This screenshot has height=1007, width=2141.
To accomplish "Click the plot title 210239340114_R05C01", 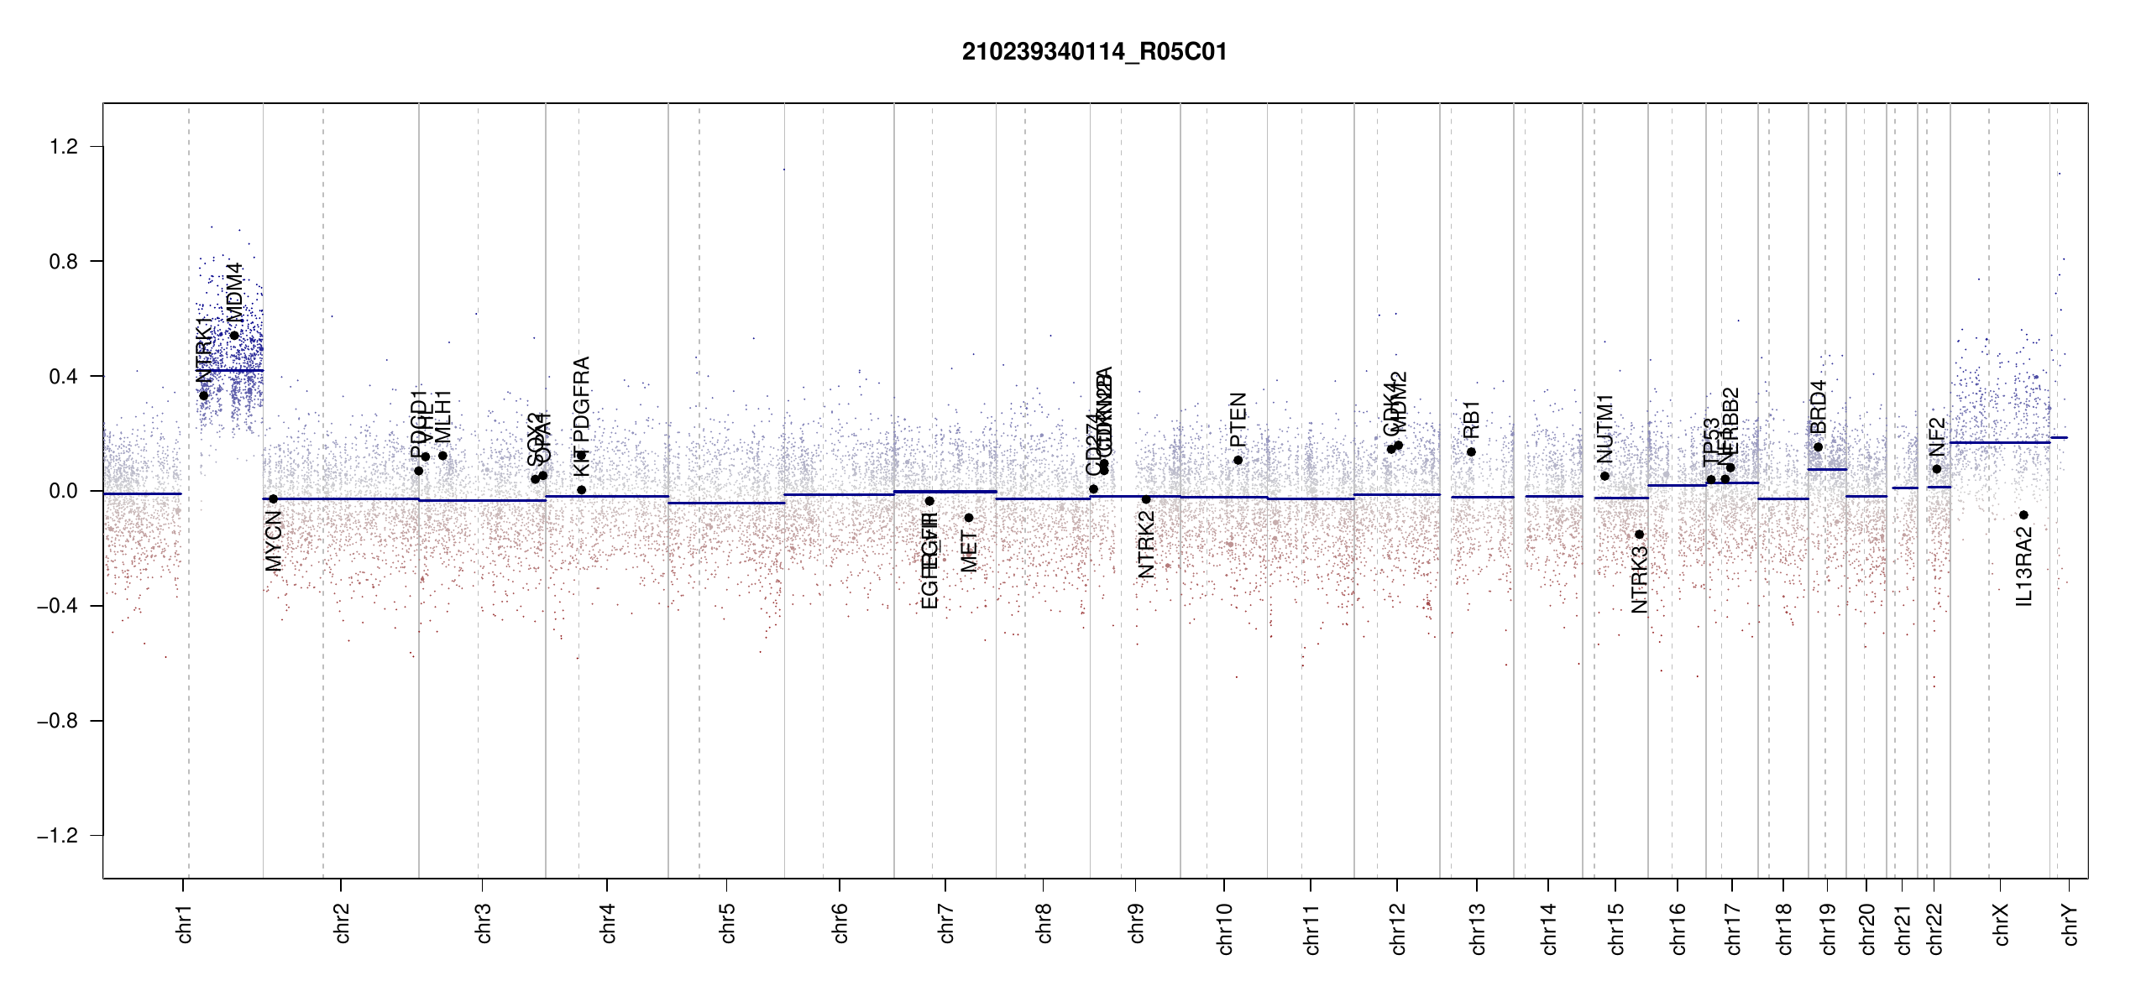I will (1094, 52).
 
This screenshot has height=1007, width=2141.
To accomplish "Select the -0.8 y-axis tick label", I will (57, 721).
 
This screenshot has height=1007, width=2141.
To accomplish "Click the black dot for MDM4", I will (235, 335).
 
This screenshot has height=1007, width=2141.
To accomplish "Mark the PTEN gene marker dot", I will (1238, 460).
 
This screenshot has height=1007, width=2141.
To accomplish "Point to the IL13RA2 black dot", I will (2023, 515).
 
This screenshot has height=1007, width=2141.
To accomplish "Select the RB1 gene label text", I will (1471, 420).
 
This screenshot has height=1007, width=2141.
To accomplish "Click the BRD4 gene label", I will (1818, 407).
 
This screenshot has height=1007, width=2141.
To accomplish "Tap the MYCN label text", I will (274, 541).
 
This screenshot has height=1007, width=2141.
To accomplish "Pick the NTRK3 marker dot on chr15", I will (1639, 535).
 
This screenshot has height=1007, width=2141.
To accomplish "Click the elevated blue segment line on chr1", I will (231, 370).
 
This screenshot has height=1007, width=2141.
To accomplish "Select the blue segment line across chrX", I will (1998, 442).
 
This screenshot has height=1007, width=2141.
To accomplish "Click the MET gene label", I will (969, 551).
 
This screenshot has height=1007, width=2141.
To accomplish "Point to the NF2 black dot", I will (1936, 469).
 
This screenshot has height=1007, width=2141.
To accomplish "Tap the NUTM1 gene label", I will (1604, 428).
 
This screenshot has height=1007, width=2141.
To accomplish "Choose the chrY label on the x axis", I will (2070, 924).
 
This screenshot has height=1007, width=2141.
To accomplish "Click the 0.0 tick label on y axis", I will (64, 491).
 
